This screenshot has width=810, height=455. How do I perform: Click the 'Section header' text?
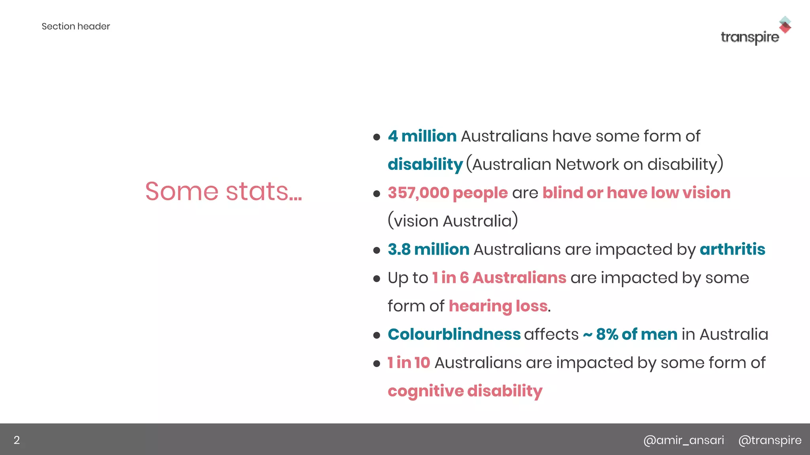pos(76,26)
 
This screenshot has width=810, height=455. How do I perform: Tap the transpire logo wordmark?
pos(749,38)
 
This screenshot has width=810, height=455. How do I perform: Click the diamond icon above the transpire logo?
pos(785,24)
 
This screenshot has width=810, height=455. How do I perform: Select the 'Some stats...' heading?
pos(223,192)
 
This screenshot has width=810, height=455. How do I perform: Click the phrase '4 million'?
pos(422,136)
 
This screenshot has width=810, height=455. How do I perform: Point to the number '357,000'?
pos(418,193)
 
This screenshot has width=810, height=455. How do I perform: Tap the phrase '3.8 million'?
pos(428,250)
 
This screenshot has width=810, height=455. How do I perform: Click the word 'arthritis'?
pos(732,250)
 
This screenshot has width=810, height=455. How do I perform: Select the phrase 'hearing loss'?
pos(498,306)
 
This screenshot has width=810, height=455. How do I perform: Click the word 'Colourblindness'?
pos(454,335)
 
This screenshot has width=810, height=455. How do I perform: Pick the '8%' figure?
pos(607,335)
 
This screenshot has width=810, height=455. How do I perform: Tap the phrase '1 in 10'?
pos(409,363)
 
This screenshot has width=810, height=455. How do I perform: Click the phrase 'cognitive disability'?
pos(465,391)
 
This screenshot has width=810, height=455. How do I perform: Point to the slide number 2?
pos(17,440)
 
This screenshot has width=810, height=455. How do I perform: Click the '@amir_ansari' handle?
pos(683,440)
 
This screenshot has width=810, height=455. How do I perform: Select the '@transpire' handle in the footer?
pos(770,440)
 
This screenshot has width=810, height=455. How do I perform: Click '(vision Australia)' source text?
pos(452,221)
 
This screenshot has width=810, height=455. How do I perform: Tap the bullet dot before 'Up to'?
pos(377,279)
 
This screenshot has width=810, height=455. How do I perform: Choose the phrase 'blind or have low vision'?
pos(636,193)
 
